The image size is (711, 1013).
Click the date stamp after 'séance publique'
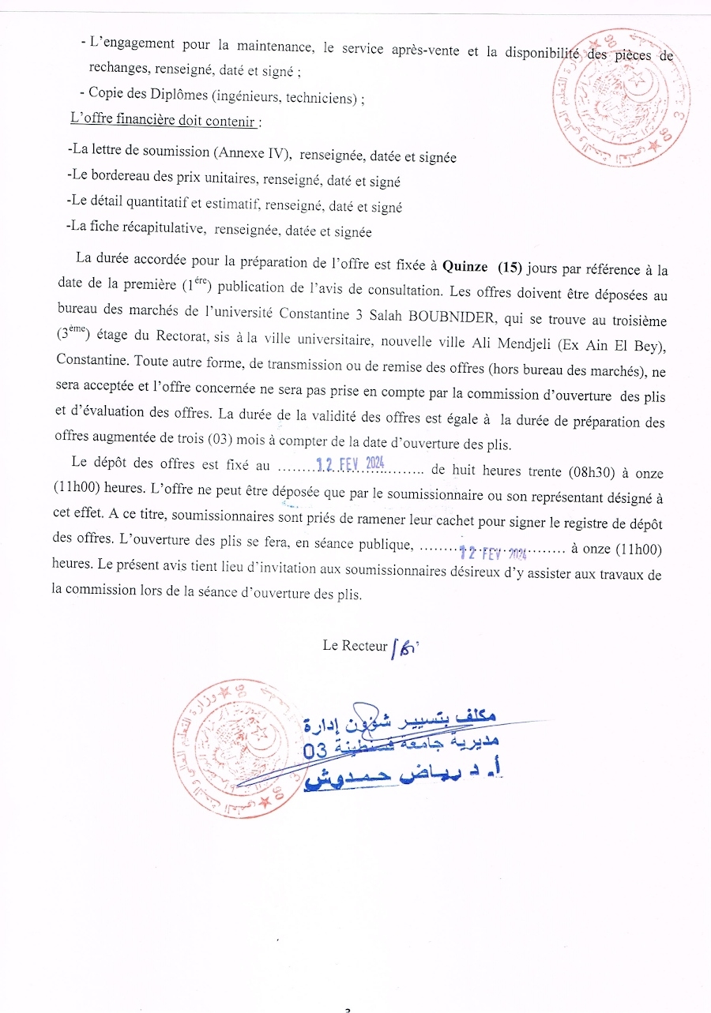[x=494, y=553]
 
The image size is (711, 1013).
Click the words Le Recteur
[x=355, y=645]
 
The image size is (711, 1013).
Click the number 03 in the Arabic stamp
[x=315, y=751]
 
